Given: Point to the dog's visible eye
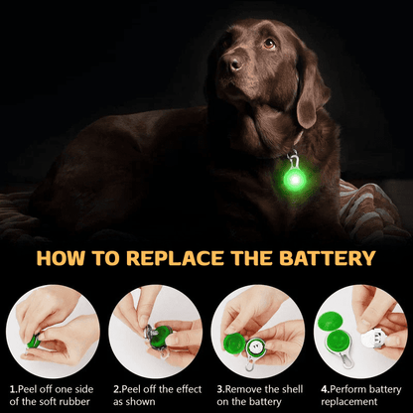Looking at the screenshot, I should [269, 44].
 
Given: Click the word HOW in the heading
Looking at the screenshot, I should [62, 260].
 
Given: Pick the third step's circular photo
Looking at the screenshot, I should [257, 328].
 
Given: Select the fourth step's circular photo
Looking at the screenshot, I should [358, 328].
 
